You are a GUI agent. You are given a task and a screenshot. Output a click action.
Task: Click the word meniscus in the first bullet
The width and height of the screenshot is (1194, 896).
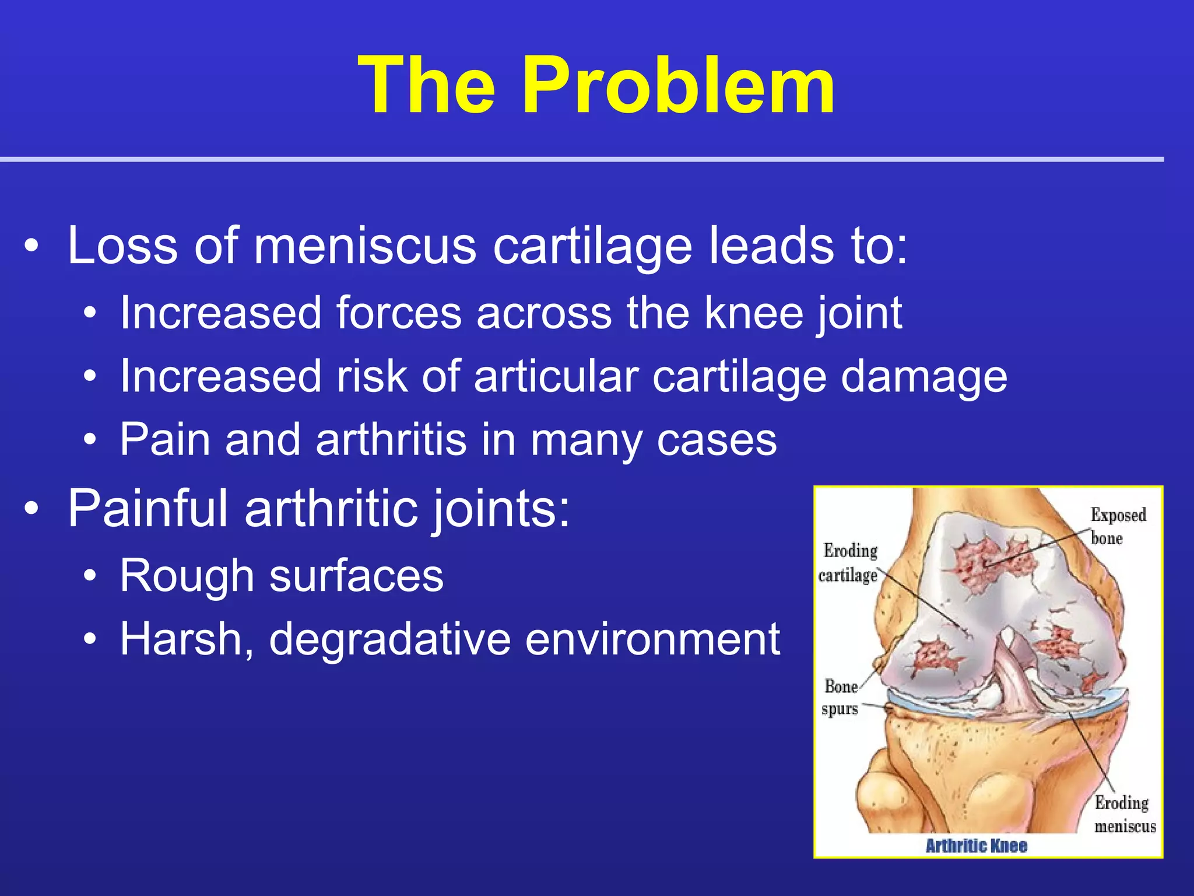(x=365, y=246)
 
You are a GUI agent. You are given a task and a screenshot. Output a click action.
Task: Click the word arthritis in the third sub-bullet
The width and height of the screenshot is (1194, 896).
(x=391, y=439)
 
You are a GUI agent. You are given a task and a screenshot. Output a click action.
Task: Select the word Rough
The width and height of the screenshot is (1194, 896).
(x=187, y=576)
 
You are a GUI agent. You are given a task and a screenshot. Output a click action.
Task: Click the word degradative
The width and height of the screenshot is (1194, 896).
(x=389, y=640)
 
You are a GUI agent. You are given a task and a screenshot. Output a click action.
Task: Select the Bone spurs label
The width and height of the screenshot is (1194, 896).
(x=840, y=698)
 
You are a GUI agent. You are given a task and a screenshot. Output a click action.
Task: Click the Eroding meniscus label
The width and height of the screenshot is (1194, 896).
(x=1124, y=814)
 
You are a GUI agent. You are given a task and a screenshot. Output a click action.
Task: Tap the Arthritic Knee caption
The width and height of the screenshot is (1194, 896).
(x=976, y=845)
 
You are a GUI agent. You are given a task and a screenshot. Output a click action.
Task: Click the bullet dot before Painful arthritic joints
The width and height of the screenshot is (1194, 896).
(x=31, y=509)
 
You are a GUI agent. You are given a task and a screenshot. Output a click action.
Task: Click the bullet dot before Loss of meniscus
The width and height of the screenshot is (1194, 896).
(x=31, y=246)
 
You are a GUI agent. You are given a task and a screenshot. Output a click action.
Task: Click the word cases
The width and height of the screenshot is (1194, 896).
(x=717, y=440)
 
